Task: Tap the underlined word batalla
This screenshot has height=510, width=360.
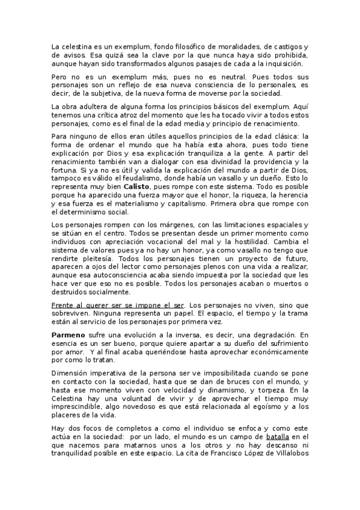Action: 279,437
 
